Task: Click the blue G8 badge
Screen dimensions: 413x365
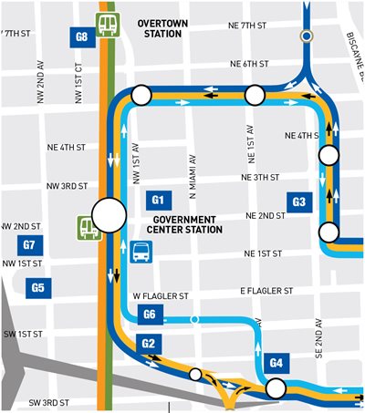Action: pos(82,37)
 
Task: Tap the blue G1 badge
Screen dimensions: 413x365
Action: pos(157,200)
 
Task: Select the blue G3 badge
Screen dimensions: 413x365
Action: pos(298,201)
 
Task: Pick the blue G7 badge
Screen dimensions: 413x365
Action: pos(29,244)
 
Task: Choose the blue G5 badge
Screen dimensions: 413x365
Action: pos(38,288)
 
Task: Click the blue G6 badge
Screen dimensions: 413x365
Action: pos(152,315)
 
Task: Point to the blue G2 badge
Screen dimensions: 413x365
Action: pos(150,343)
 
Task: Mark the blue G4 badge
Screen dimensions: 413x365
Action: pos(278,363)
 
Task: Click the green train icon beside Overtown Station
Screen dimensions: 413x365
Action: pos(109,25)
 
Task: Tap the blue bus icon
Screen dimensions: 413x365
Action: pos(141,252)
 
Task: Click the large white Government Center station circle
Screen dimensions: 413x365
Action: pos(109,216)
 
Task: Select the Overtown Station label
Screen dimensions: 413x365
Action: pos(162,27)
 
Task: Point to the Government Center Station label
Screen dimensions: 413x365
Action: pos(187,224)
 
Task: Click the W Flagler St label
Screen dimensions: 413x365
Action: pos(161,296)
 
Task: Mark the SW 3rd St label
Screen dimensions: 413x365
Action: pos(48,403)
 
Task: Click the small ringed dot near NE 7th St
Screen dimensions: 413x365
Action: pos(308,36)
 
